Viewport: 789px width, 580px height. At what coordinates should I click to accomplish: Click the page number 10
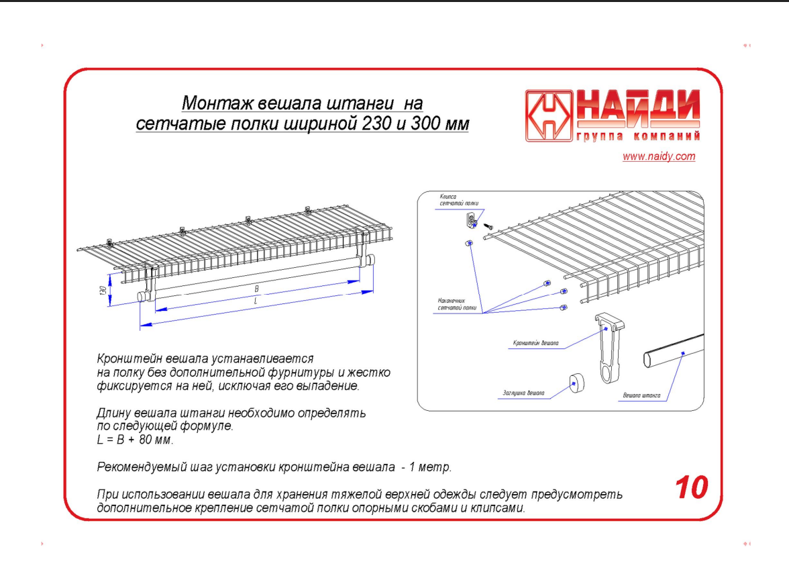pyautogui.click(x=690, y=487)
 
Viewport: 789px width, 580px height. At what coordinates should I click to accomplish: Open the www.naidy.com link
pyautogui.click(x=658, y=157)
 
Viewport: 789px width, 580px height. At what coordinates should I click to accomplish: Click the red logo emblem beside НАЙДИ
pyautogui.click(x=549, y=115)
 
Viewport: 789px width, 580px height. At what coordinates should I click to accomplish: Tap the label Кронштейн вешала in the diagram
pyautogui.click(x=535, y=343)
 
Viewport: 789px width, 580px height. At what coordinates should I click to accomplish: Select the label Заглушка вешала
pyautogui.click(x=523, y=393)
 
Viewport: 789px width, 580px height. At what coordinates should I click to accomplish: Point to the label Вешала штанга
pyautogui.click(x=641, y=395)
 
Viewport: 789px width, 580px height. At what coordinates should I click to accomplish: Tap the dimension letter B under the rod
pyautogui.click(x=256, y=289)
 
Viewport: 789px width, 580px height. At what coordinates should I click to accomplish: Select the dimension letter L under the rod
pyautogui.click(x=256, y=301)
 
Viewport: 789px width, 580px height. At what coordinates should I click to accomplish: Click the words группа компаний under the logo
pyautogui.click(x=637, y=137)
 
